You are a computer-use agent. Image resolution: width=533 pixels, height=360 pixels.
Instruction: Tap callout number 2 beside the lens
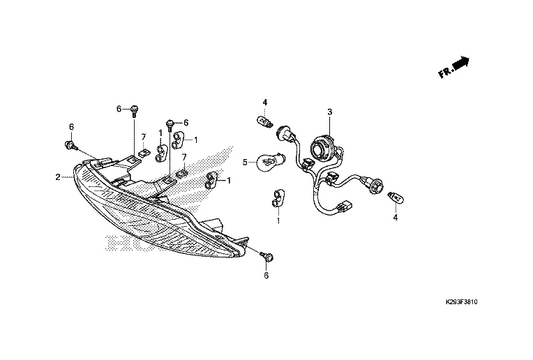pos(58,177)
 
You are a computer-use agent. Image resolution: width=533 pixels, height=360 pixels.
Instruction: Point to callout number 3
pos(329,112)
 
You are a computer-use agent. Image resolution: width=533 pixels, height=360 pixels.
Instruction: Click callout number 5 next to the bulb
pos(245,162)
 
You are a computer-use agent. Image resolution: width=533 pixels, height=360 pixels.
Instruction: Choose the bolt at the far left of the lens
pos(70,145)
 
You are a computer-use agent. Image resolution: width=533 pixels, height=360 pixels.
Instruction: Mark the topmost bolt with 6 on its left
pos(135,110)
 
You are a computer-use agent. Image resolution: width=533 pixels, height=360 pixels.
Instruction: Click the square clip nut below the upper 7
pos(143,153)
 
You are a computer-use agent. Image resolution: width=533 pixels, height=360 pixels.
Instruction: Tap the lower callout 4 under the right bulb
pos(395,217)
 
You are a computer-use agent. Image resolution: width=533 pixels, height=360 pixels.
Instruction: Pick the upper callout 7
pos(143,136)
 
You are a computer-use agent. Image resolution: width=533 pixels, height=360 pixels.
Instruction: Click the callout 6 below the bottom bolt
pos(266,276)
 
